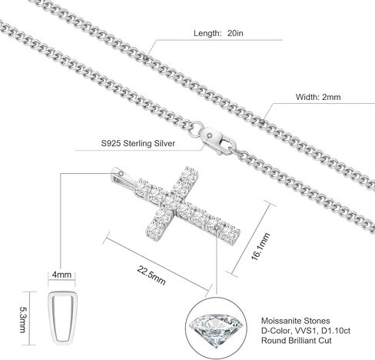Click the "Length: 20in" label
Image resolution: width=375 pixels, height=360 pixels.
218,33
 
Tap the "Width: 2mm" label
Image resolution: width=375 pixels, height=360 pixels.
318,97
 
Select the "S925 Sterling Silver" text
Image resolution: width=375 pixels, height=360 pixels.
138,143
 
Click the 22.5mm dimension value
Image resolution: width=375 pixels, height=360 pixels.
151,275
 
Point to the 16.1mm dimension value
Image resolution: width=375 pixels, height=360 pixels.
261,246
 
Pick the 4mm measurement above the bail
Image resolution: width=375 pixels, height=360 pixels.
61,275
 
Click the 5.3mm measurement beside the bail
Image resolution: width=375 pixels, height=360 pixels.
23,318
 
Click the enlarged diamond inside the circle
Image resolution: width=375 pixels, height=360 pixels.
216,329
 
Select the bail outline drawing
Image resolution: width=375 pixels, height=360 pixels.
49,318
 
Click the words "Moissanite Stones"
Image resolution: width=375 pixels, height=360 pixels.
295,321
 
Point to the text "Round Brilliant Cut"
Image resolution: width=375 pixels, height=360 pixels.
296,341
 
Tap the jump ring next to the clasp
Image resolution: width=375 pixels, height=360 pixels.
196,128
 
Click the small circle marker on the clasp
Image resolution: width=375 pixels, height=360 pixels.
210,135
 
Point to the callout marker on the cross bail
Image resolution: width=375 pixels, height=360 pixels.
121,174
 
